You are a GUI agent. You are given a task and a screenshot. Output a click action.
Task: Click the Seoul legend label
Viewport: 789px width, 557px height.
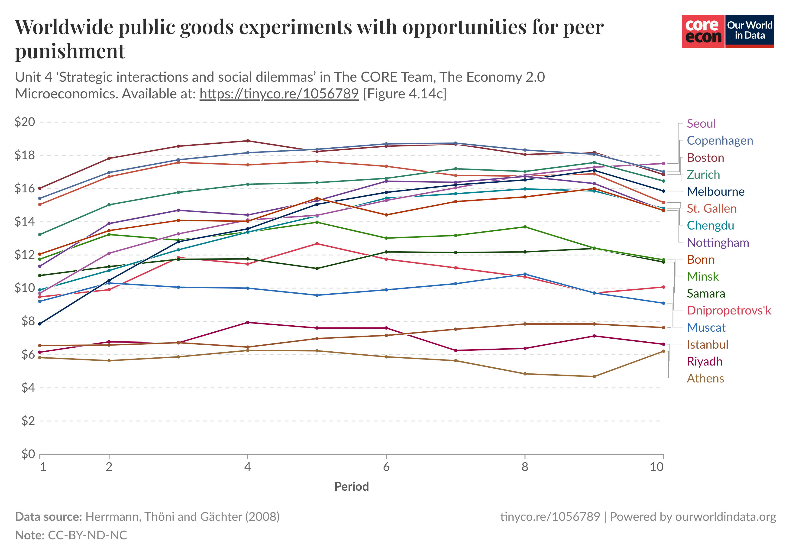[701, 124]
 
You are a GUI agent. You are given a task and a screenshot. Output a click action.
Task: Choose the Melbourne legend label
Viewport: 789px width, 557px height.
[715, 191]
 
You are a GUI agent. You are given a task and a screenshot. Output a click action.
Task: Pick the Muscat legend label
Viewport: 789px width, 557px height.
[706, 327]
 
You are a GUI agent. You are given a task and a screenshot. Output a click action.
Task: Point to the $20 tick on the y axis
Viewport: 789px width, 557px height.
[25, 122]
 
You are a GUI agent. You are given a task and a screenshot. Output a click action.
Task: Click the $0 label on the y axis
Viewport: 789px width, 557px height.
[28, 454]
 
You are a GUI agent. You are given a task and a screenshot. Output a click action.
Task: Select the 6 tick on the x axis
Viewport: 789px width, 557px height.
[386, 467]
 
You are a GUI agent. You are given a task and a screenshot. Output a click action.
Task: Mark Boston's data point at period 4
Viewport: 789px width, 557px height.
[248, 141]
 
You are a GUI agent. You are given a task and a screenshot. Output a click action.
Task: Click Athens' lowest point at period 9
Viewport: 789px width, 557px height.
[594, 377]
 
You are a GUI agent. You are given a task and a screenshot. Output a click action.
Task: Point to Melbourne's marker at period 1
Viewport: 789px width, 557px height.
[40, 324]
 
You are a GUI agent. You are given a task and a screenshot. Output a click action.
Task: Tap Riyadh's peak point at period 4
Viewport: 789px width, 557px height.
[248, 322]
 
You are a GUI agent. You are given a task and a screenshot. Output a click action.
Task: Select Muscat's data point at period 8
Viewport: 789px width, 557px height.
[525, 274]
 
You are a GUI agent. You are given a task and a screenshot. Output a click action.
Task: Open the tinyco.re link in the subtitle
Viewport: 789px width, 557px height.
[279, 94]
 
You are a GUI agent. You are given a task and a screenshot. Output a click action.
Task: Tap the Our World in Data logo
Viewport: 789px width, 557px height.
[750, 31]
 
